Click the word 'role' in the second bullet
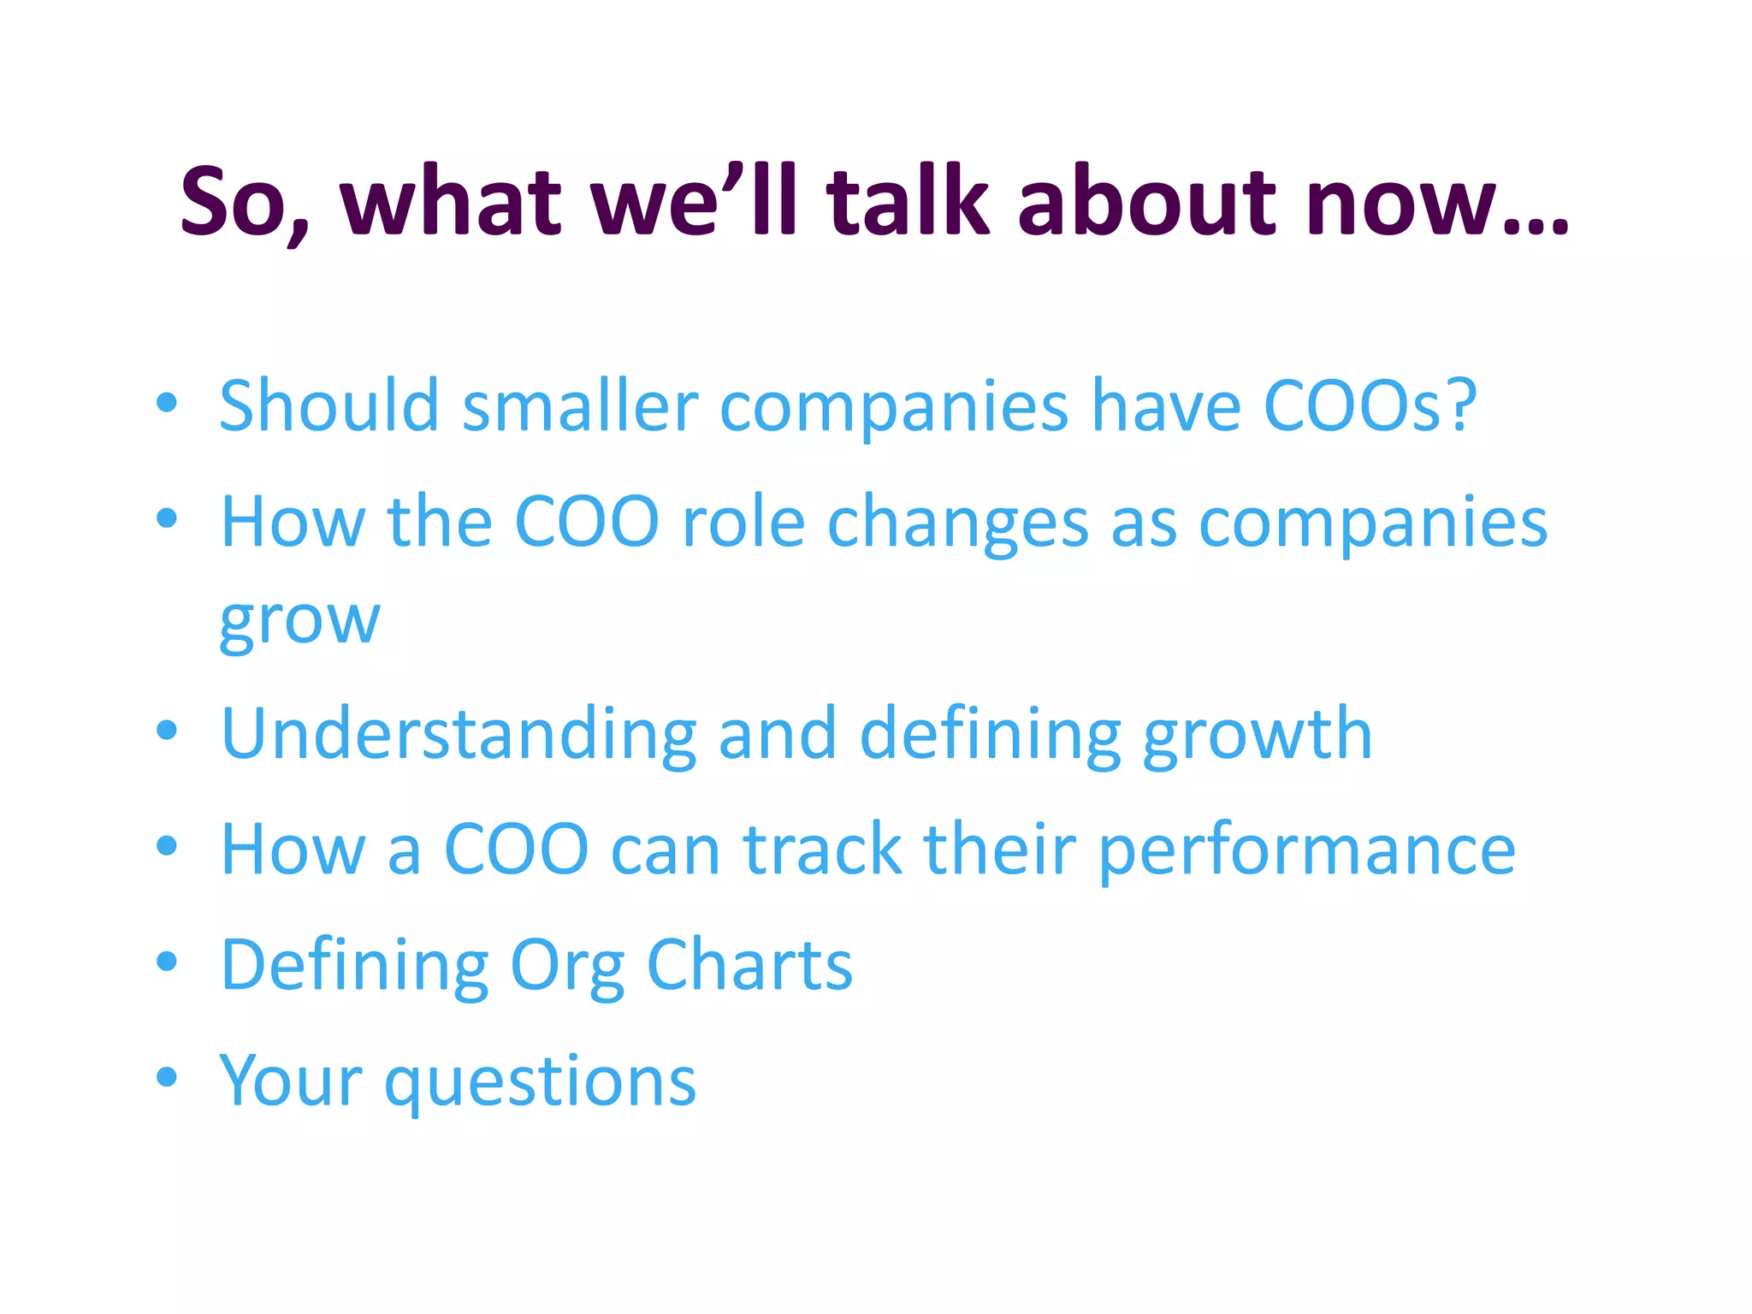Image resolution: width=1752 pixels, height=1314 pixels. point(743,521)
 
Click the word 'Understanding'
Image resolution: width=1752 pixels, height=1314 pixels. point(459,733)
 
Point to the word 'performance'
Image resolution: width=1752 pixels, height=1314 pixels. point(1306,851)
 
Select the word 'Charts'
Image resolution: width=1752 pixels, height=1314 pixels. point(749,964)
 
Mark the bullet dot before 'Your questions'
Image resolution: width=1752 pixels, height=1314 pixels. point(167,1076)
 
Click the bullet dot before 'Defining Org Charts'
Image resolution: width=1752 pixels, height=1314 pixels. point(167,961)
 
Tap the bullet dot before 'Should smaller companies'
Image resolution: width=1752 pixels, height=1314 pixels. point(167,401)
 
